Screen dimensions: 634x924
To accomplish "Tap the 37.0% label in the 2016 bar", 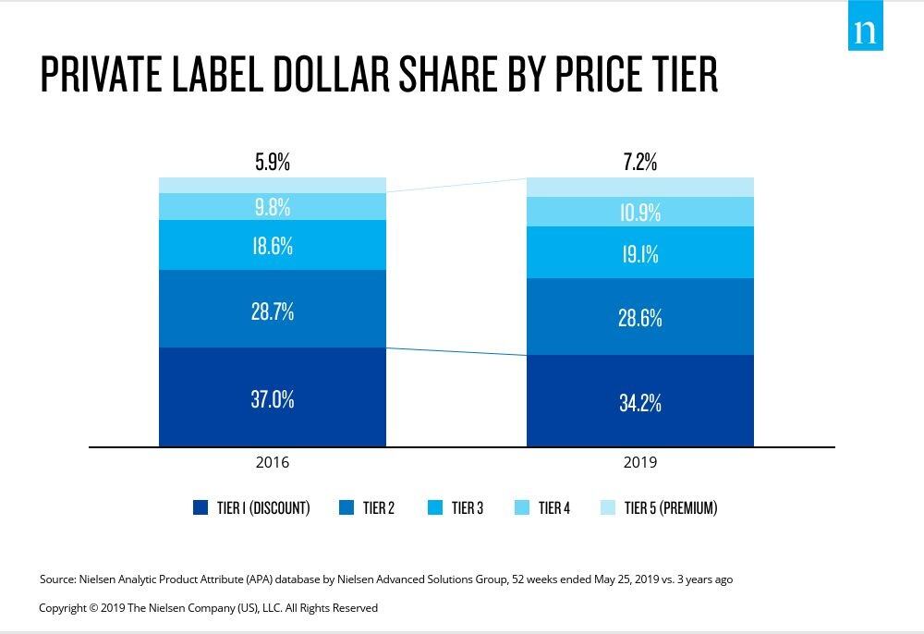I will pos(273,399).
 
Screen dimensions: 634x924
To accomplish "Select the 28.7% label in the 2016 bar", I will pos(273,311).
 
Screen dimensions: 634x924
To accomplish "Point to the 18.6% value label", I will pos(273,246).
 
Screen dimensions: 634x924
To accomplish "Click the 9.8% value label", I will pos(273,207).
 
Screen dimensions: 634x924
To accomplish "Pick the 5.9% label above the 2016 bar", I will pos(273,163).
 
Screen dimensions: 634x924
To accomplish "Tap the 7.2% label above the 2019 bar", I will pos(640,163).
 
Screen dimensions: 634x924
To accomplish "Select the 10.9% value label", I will pos(640,213).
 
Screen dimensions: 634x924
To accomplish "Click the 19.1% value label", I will pos(640,254).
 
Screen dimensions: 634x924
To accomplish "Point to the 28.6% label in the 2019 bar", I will pos(640,318).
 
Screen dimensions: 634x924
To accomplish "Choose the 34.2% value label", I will pos(640,403).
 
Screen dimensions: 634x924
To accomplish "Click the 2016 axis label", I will pos(273,462).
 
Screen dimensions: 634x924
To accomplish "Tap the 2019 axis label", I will pos(640,462).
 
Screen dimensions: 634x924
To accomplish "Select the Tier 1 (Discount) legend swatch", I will pos(201,507).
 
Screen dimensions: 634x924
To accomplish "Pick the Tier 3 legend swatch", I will pos(434,507).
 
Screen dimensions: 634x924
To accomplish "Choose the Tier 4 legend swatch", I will pos(521,507).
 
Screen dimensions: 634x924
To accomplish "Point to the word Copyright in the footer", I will pos(64,608).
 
